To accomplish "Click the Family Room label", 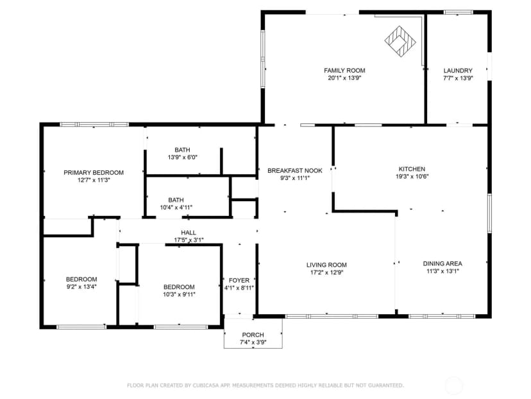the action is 344,71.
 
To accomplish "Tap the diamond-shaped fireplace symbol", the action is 400,41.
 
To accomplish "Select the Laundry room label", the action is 458,71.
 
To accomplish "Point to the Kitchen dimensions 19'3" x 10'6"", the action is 412,177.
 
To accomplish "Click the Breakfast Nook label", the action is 295,171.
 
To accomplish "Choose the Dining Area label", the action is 442,263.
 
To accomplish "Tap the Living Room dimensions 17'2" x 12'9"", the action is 326,272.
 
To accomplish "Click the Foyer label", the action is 239,281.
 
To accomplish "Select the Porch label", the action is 253,335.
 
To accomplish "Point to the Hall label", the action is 189,233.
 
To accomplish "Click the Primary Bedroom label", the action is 94,173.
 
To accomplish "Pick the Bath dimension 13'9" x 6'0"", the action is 183,157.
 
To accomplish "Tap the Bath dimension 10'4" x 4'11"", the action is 176,208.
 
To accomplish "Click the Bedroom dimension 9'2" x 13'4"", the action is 81,287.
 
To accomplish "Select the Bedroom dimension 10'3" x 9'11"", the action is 179,294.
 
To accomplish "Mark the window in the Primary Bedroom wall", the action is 94,125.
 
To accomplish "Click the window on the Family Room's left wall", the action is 263,59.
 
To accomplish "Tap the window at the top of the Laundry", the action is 458,13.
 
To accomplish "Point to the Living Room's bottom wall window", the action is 332,317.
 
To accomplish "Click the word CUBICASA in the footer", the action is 206,386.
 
